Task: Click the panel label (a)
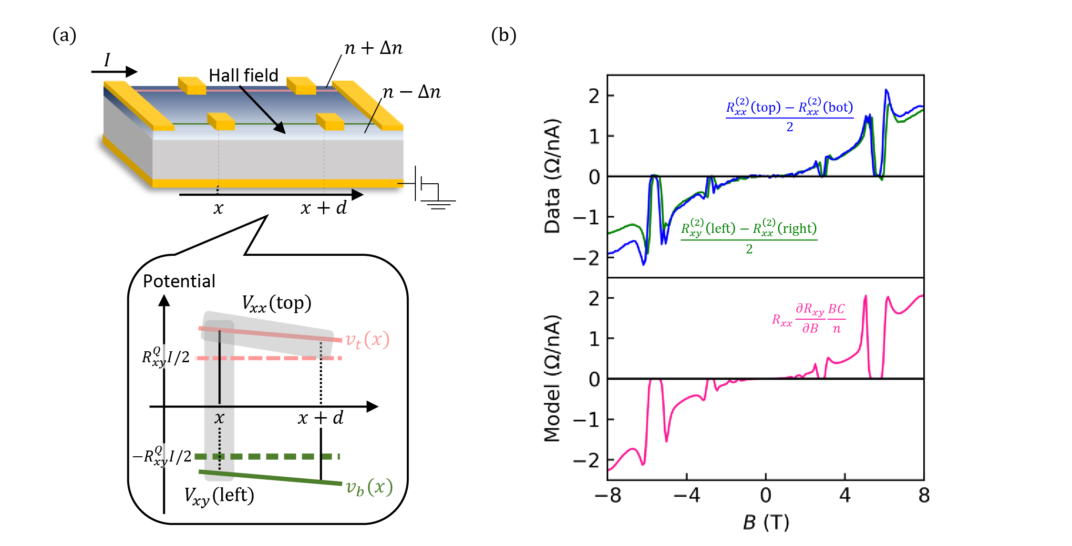coord(64,36)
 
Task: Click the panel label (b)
coord(504,36)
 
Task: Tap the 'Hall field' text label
coord(243,75)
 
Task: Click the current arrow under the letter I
coord(114,72)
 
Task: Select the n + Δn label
coord(373,48)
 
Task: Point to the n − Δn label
coord(412,92)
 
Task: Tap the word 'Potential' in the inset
coord(179,281)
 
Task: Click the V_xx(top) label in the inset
coord(276,304)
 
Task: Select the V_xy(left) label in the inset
coord(219,496)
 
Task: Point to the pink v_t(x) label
coord(367,340)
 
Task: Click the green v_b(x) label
coord(369,487)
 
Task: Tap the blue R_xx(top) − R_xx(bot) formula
coord(789,115)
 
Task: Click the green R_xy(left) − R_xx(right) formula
coord(749,237)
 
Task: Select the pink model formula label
coord(809,318)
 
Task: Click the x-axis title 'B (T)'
coord(765,523)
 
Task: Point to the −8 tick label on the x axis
coord(608,496)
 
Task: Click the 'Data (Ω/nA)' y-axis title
coord(552,176)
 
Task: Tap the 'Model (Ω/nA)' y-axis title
coord(552,378)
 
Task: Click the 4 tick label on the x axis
coord(845,496)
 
